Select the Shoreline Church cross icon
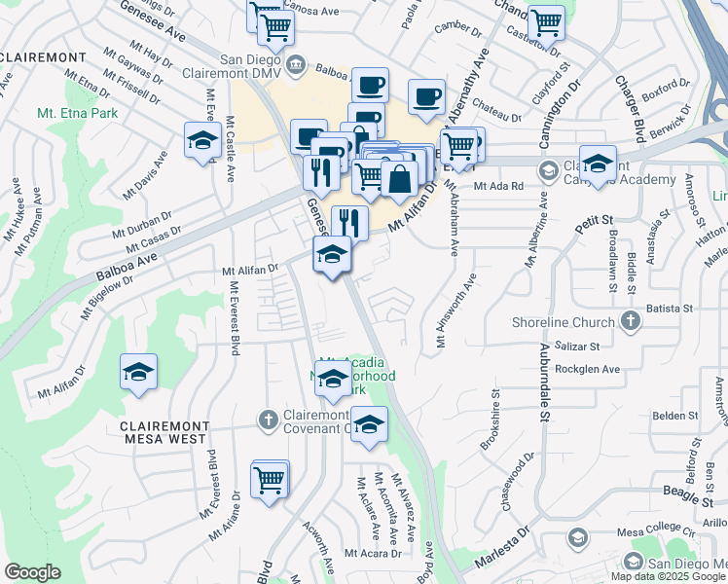point(631,321)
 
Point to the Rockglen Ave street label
point(587,370)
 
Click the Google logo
point(32,572)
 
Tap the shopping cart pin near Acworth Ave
point(270,480)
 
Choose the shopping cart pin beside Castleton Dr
point(545,21)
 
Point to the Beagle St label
point(693,499)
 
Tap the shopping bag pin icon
point(399,179)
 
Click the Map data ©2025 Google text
point(668,576)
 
